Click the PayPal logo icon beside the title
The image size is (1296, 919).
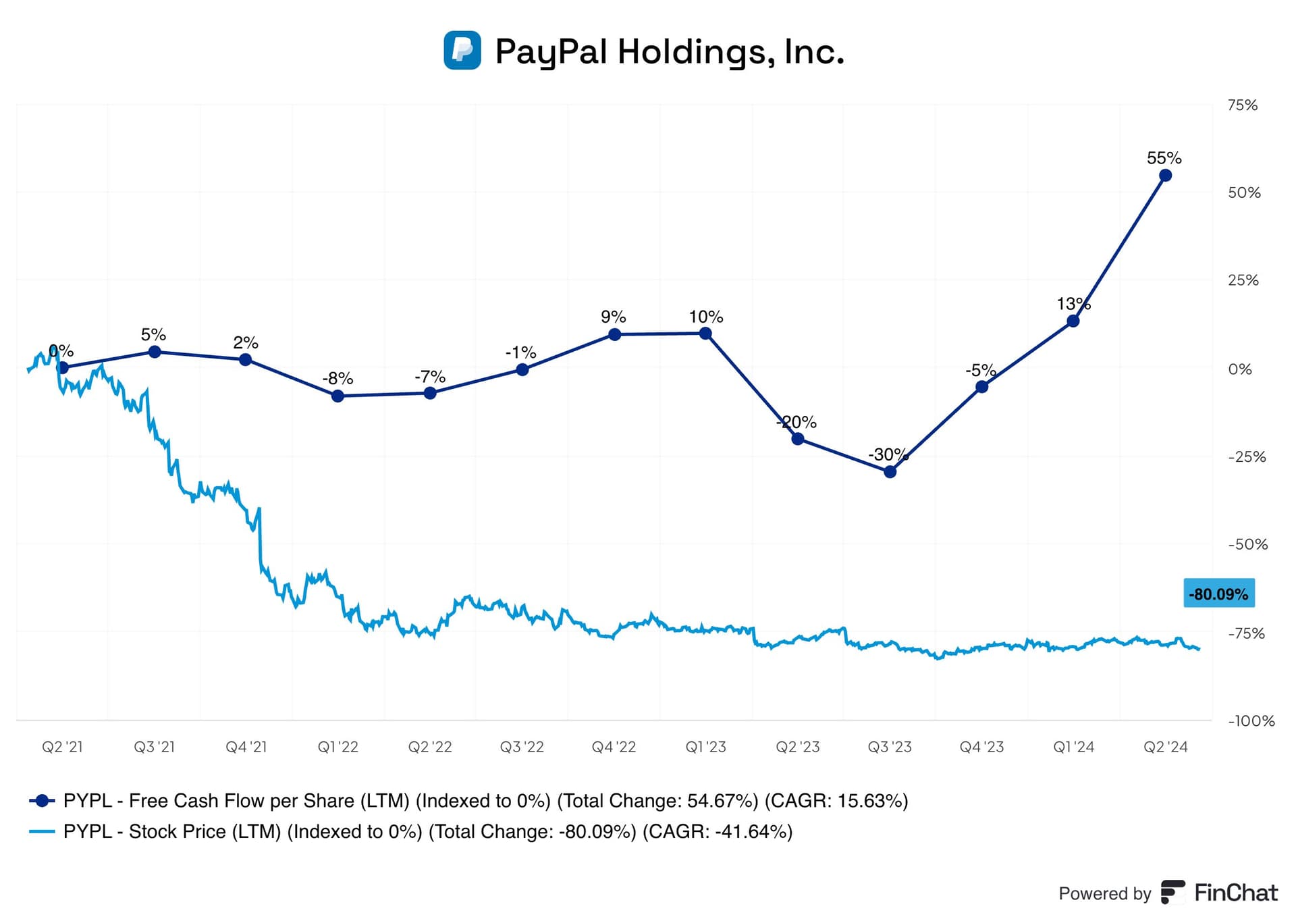point(462,50)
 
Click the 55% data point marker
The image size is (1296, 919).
point(1165,176)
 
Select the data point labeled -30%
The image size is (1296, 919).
point(890,471)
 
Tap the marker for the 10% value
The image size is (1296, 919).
point(705,333)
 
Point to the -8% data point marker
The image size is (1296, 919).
point(338,396)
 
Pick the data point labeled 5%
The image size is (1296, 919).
point(155,352)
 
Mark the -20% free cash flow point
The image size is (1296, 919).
point(798,439)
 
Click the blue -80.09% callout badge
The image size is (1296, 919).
point(1219,594)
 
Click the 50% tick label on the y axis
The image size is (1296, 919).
point(1244,192)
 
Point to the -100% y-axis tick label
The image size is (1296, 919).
point(1251,720)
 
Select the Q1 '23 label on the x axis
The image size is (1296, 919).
point(705,747)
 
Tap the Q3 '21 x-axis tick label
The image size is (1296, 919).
point(154,747)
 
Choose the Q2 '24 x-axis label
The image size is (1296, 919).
point(1165,747)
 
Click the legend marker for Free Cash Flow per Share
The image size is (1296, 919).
point(42,801)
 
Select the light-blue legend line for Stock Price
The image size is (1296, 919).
point(42,831)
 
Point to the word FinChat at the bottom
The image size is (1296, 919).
point(1236,893)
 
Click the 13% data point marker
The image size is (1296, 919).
point(1073,321)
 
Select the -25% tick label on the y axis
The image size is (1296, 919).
point(1247,456)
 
